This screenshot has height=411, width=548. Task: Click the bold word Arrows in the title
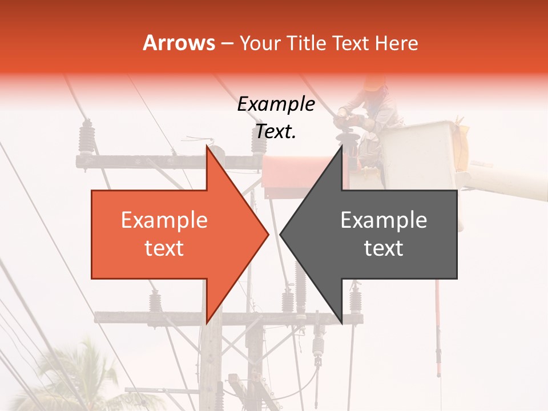(x=179, y=43)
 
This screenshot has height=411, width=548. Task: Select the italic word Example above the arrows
(x=276, y=104)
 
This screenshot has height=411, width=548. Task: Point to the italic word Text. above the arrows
(x=276, y=132)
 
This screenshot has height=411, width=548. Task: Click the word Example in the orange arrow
(x=164, y=220)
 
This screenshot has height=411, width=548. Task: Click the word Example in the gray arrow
(x=384, y=220)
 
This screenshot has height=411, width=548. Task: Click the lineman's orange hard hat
(x=374, y=83)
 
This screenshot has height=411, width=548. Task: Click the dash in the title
(x=227, y=43)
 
